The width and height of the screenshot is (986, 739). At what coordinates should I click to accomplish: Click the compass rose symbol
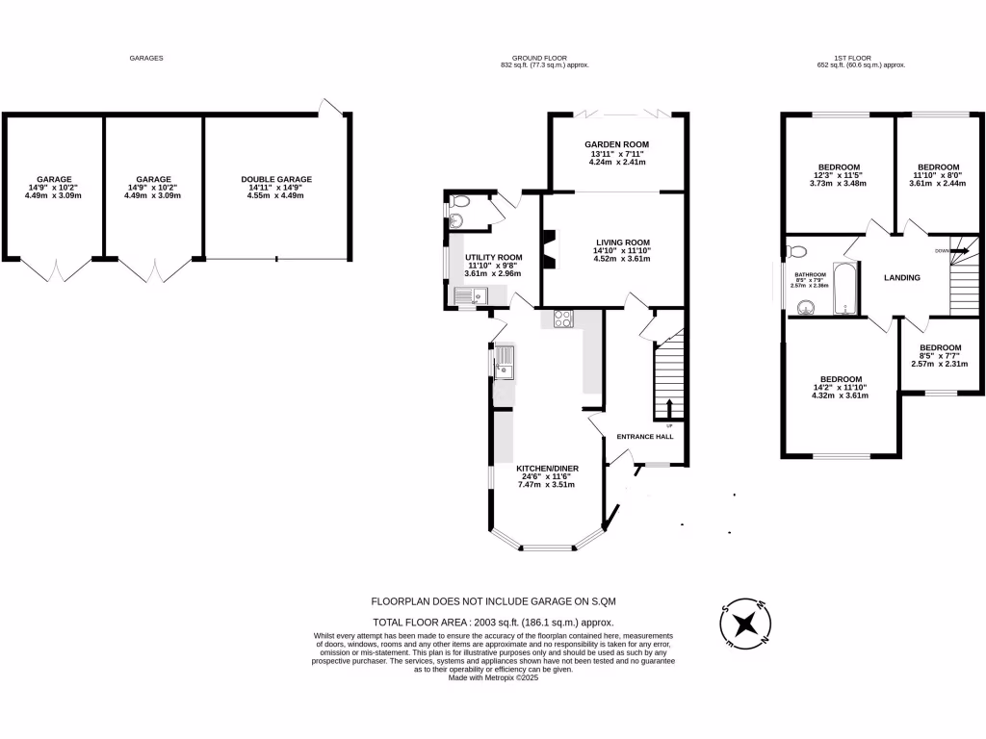point(744,623)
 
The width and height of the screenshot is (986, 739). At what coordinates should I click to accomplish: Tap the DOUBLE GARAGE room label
point(276,179)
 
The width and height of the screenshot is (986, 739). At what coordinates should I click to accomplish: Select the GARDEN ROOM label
point(617,144)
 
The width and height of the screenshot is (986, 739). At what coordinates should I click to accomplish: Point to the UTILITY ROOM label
point(493,258)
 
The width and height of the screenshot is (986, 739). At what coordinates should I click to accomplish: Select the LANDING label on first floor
point(902,278)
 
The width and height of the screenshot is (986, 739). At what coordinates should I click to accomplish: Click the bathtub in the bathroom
point(844,288)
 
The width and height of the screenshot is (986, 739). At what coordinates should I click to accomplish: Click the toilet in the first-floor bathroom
point(795,252)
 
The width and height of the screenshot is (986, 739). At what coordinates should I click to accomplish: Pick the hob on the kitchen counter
point(562,319)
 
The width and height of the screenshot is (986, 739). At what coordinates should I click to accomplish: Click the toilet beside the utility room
point(458,203)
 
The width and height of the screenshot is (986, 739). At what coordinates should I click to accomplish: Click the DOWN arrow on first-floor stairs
point(959,250)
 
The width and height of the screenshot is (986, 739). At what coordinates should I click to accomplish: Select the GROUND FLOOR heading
point(544,58)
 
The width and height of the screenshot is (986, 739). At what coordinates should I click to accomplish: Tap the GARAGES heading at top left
point(146,58)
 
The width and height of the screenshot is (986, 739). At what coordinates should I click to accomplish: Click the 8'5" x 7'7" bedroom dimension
point(940,357)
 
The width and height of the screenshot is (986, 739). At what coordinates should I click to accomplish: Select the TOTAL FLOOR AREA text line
point(493,623)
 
